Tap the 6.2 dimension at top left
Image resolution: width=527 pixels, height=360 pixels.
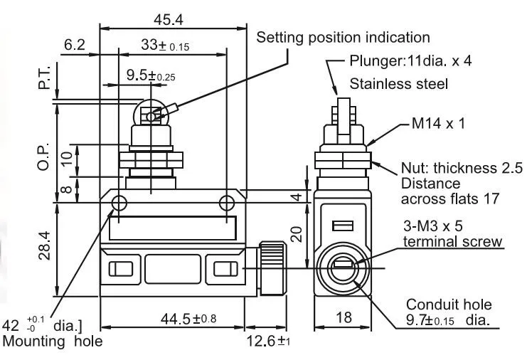point(75,45)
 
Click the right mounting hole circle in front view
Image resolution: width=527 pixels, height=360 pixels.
point(226,203)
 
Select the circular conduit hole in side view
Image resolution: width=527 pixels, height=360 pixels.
point(343,270)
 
